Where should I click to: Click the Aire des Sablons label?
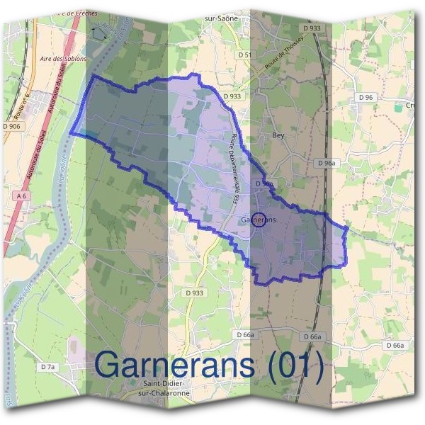(x=64, y=59)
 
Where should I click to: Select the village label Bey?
(x=278, y=132)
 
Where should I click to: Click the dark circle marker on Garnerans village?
(x=259, y=220)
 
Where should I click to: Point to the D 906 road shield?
(x=12, y=126)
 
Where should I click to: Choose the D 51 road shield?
(x=244, y=54)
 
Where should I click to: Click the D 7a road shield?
(x=47, y=366)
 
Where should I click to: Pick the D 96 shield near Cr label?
(x=365, y=97)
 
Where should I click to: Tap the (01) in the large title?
(x=292, y=365)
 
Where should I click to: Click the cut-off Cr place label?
(x=410, y=106)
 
